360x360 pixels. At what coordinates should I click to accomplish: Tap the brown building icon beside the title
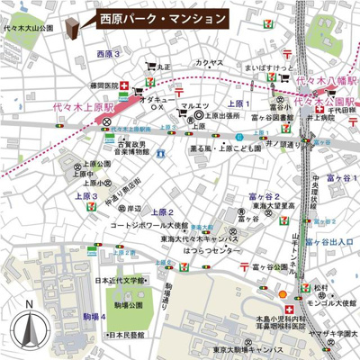click(x=85, y=22)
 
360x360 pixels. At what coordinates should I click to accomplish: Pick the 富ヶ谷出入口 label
click(x=332, y=241)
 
